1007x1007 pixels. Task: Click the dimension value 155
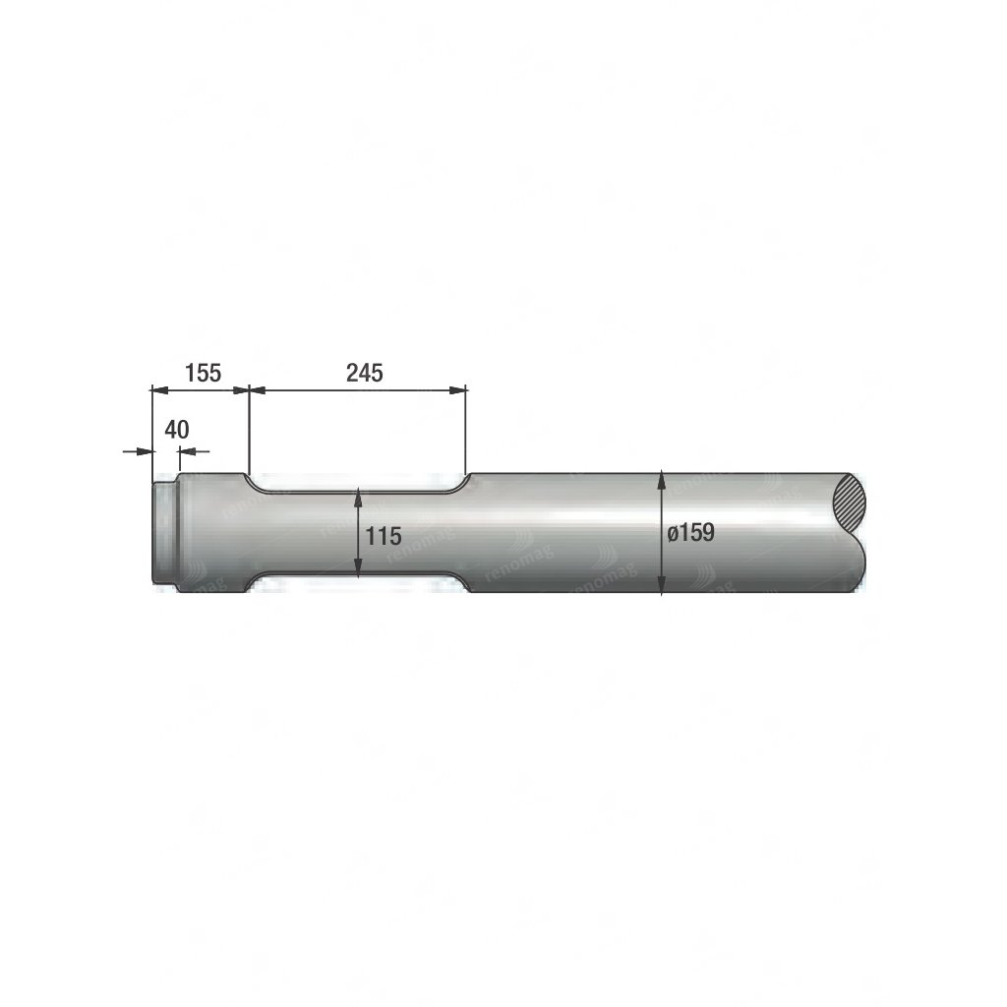coord(203,373)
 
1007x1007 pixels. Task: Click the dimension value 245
coord(364,373)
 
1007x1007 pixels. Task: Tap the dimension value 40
coord(177,430)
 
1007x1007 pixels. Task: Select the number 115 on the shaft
coord(384,536)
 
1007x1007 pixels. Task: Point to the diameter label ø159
coord(690,532)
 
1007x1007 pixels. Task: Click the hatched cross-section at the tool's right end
coord(848,503)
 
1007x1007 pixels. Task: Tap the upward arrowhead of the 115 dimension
coord(358,497)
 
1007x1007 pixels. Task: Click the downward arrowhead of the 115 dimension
coord(358,566)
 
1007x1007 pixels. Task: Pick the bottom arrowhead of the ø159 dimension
coord(662,584)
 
